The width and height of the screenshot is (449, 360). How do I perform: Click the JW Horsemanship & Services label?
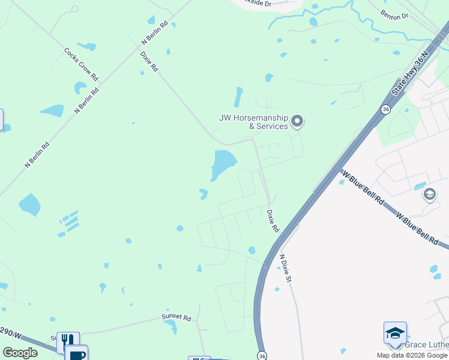tap(254, 122)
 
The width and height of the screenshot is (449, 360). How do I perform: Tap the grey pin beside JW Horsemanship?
tap(297, 122)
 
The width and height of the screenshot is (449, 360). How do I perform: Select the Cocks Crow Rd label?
tap(81, 64)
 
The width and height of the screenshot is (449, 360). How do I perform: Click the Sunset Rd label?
tap(176, 317)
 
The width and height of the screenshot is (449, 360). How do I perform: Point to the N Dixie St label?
tap(286, 268)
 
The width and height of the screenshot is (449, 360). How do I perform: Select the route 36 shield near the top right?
tap(385, 109)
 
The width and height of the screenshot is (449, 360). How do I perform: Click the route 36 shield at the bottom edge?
tap(262, 355)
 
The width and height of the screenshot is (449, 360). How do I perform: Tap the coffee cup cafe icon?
tap(77, 354)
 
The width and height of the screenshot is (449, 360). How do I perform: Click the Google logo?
tap(20, 353)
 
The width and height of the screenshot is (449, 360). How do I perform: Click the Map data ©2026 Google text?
tap(412, 355)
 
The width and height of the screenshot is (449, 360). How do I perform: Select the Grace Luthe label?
tap(426, 344)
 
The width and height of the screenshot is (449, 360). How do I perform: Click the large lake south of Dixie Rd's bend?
tap(223, 163)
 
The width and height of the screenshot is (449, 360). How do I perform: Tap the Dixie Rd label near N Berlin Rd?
tap(149, 62)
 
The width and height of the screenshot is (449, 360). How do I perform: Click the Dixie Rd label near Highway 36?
tap(273, 221)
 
